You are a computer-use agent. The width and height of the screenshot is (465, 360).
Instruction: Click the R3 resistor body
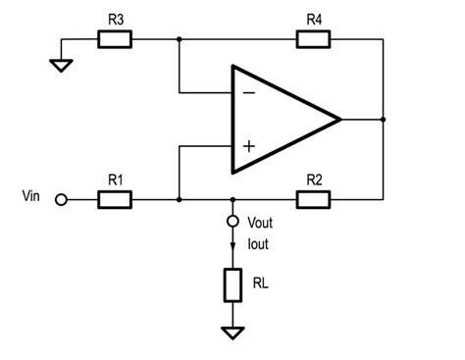pos(115,40)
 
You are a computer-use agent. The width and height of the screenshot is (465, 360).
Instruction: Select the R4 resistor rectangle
pos(314,40)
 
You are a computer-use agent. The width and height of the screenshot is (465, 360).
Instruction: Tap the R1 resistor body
pos(115,199)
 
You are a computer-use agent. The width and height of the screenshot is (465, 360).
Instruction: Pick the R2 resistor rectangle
pos(314,199)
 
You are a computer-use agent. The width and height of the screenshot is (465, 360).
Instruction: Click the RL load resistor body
pos(232,284)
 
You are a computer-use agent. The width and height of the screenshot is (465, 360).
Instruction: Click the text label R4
pos(314,19)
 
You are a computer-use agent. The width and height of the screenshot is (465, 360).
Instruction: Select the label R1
pos(115,179)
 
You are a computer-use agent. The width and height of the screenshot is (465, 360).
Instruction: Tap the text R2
pos(314,179)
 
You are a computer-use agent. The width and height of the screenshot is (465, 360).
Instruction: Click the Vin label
pos(32,197)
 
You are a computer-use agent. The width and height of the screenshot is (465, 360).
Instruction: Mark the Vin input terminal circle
pos(61,200)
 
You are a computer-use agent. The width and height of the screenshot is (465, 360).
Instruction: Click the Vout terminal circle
pos(232,222)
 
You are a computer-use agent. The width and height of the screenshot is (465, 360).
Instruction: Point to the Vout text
pos(262,223)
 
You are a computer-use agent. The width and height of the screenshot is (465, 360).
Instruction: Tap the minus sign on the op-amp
pos(248,93)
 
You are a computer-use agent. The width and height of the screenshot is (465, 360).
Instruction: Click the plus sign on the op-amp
pos(248,146)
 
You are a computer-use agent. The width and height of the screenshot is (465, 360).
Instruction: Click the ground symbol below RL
pos(232,333)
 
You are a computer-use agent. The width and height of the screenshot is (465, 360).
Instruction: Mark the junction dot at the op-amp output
pos(383,120)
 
